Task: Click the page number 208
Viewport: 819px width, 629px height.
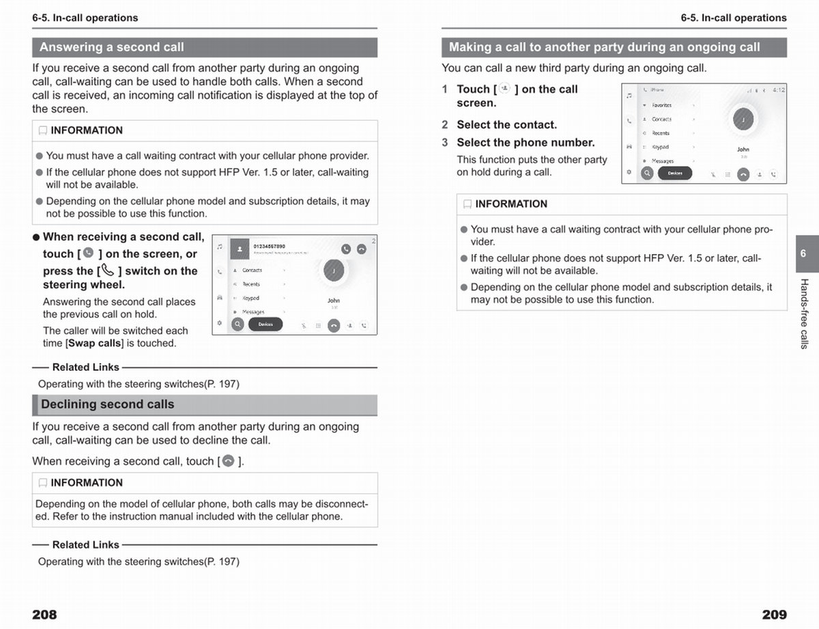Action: [44, 615]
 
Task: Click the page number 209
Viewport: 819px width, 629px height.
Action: [774, 615]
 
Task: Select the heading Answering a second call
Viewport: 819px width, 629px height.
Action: [112, 47]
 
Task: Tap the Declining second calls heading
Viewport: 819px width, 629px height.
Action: [108, 404]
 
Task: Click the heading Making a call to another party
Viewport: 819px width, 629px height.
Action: [604, 47]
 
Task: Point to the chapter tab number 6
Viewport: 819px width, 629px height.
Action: [803, 253]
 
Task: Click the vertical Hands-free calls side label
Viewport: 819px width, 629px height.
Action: [804, 313]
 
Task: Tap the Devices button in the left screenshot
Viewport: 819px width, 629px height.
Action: [265, 324]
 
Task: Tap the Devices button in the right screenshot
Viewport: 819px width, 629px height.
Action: [675, 173]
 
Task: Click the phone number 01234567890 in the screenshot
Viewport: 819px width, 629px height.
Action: [269, 246]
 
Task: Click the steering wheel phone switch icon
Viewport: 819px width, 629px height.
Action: [108, 270]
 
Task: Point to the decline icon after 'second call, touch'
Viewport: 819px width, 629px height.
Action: [229, 461]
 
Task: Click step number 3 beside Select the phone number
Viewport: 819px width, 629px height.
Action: [445, 143]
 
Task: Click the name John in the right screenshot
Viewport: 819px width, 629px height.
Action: [743, 150]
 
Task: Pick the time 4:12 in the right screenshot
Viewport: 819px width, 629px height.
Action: [779, 90]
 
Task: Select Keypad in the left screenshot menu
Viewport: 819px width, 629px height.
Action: [251, 298]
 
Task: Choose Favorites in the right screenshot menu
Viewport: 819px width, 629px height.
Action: [661, 105]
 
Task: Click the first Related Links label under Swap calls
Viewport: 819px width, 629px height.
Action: [85, 367]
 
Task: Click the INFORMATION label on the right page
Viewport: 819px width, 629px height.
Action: [511, 204]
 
